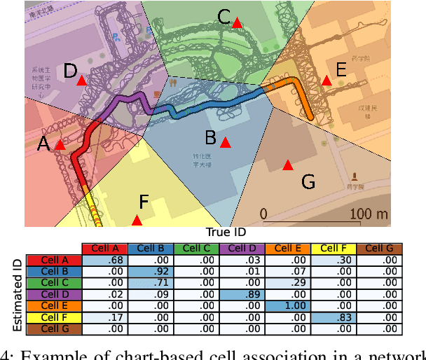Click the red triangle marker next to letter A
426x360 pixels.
pos(60,145)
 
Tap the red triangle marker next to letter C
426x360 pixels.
pos(237,23)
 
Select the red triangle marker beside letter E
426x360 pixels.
pos(326,81)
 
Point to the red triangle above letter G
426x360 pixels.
pos(287,165)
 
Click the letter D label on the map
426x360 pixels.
pos(70,71)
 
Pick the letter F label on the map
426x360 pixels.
pos(144,203)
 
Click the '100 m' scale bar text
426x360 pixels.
pos(369,213)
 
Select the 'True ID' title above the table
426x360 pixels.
pos(226,232)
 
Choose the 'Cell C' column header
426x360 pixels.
pos(196,249)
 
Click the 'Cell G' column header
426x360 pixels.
pos(379,249)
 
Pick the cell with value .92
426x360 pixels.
pos(151,272)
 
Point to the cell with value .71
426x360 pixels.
pos(151,283)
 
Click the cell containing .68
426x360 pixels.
pos(105,261)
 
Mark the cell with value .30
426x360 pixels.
pos(334,261)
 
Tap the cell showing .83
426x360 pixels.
pos(334,317)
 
